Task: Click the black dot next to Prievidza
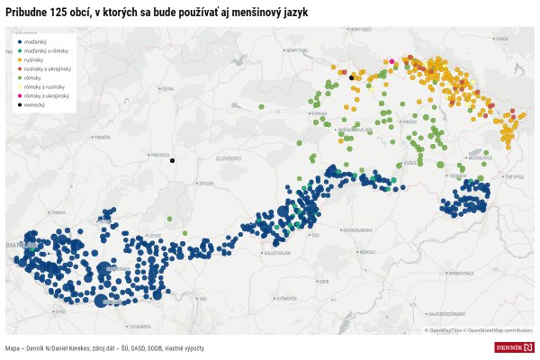click(172, 161)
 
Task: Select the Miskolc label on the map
click(366, 252)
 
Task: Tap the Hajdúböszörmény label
click(446, 313)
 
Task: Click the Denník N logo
click(514, 347)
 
